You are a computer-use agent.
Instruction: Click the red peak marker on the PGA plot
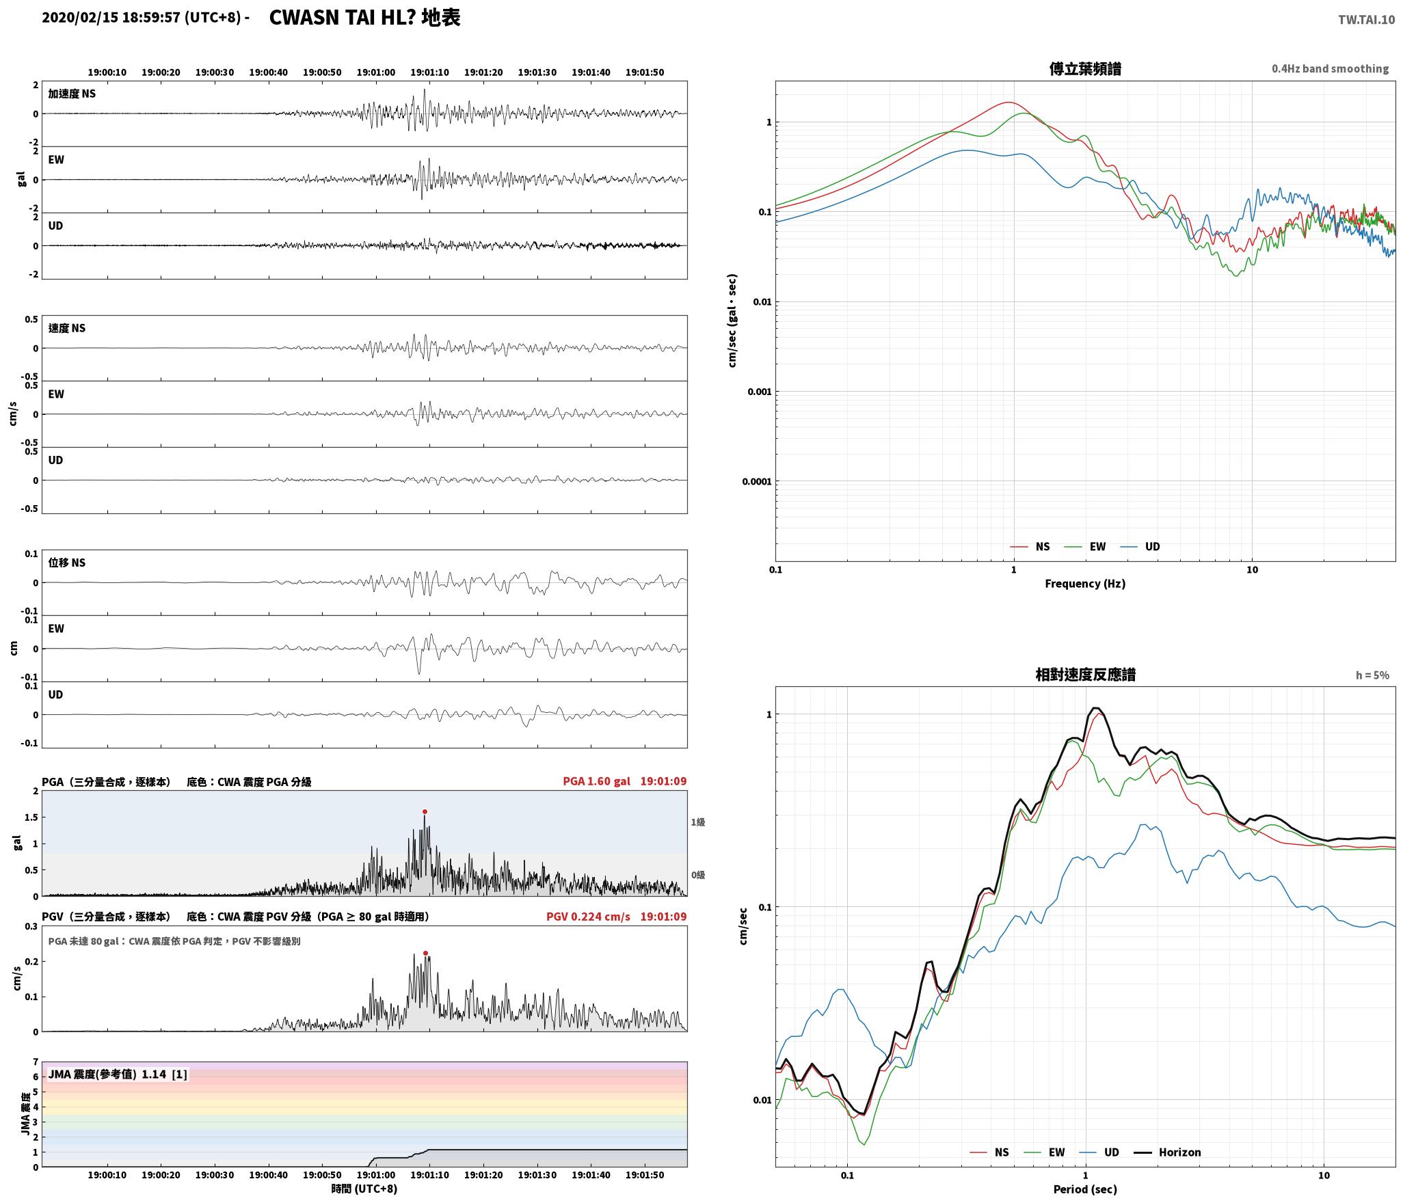[425, 812]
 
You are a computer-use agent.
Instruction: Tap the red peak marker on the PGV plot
[425, 953]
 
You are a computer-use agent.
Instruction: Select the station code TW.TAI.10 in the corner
[1366, 20]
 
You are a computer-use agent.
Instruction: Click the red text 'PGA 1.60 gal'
[596, 781]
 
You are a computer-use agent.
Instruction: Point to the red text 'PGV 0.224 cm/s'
[588, 917]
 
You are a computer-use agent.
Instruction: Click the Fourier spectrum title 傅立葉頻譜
[1085, 69]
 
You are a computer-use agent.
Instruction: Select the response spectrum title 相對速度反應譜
[1085, 675]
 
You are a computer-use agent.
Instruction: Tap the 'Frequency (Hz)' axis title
[1085, 584]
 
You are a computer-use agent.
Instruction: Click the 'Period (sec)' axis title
[1085, 1189]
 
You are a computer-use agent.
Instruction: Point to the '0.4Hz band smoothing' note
[1330, 69]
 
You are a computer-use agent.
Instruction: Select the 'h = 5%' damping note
[1372, 675]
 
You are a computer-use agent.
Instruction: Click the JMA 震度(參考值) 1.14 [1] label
[118, 1074]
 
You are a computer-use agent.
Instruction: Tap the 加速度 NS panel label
[72, 94]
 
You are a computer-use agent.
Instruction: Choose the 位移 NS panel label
[67, 563]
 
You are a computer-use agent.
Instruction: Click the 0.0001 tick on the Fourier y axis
[756, 482]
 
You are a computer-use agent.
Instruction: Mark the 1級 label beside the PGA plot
[697, 822]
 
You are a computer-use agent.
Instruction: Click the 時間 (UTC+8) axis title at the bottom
[364, 1189]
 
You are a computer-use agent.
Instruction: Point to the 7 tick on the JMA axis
[36, 1062]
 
